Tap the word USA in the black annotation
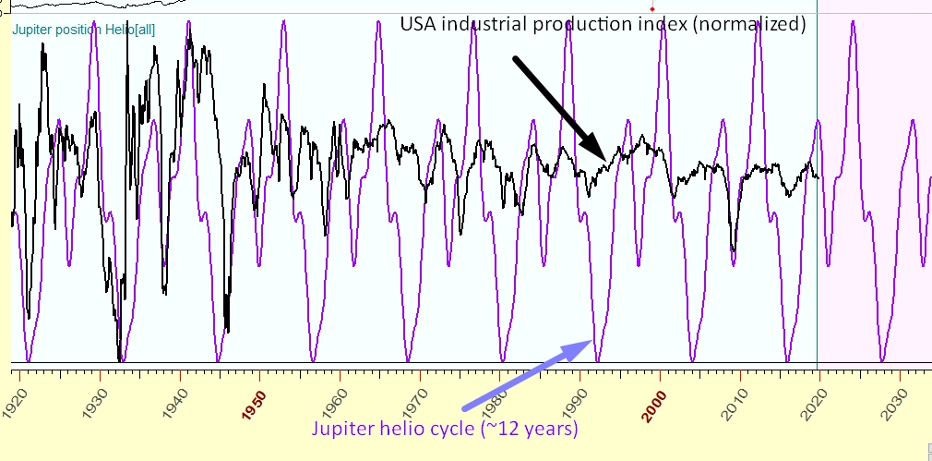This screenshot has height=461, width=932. [x=416, y=25]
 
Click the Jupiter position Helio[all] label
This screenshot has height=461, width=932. [x=84, y=30]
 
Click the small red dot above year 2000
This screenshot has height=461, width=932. [x=651, y=8]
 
